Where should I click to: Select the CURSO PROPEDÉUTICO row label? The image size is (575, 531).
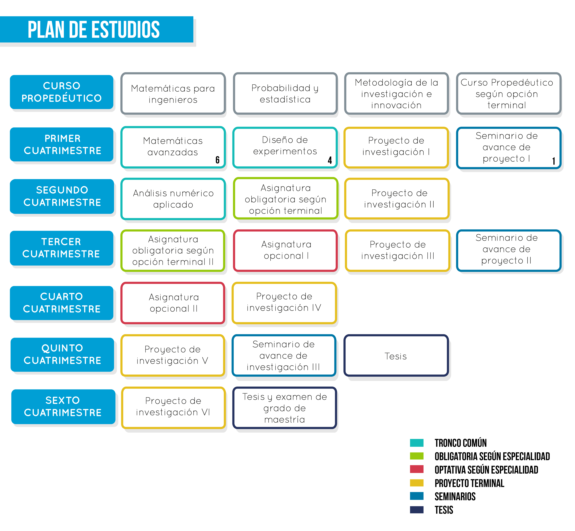pyautogui.click(x=62, y=92)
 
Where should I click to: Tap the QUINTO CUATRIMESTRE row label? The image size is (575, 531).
pyautogui.click(x=62, y=354)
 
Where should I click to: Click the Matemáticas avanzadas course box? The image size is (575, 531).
pyautogui.click(x=173, y=147)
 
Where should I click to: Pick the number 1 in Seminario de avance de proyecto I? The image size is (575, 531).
pyautogui.click(x=553, y=161)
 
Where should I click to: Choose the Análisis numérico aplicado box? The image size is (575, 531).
pyautogui.click(x=173, y=199)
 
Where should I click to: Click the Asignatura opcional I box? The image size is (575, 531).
pyautogui.click(x=285, y=250)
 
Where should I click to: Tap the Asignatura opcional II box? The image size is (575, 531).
pyautogui.click(x=173, y=303)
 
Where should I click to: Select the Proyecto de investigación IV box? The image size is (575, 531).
pyautogui.click(x=284, y=303)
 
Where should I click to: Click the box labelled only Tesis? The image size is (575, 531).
pyautogui.click(x=396, y=355)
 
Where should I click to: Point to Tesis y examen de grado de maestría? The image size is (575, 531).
pyautogui.click(x=285, y=408)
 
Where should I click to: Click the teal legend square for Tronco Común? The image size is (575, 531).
pyautogui.click(x=417, y=443)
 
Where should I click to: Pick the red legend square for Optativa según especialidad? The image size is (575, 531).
pyautogui.click(x=417, y=469)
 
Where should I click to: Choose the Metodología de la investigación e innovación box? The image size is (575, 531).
pyautogui.click(x=397, y=93)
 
